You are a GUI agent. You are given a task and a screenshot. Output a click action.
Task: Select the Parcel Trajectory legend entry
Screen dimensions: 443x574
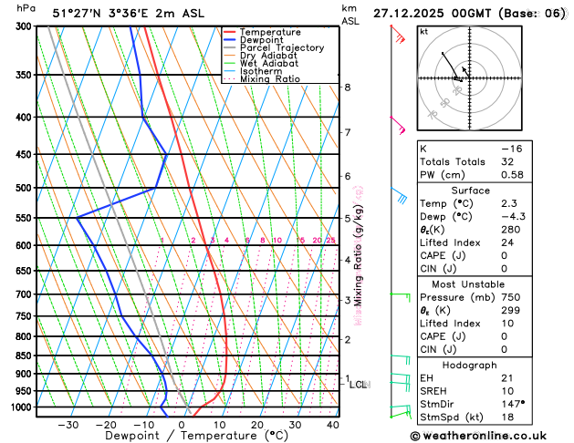281,48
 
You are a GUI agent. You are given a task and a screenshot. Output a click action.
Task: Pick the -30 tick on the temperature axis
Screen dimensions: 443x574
68,425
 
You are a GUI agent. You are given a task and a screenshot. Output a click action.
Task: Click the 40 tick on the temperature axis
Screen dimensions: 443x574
332,425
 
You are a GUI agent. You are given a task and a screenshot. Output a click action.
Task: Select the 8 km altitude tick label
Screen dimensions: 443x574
347,88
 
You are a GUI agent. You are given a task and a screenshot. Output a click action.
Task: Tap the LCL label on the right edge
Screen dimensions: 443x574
359,385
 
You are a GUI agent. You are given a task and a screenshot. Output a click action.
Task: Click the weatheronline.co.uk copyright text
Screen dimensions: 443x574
492,436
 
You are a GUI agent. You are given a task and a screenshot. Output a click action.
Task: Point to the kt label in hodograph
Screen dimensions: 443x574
423,32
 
